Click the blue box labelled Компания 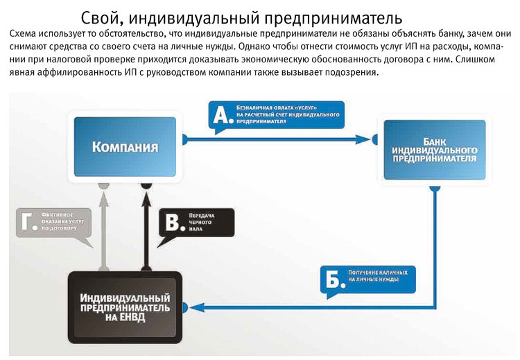click(125, 146)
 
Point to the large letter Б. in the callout click(333, 279)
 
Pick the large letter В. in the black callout click(172, 223)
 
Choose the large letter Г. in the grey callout click(27, 221)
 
